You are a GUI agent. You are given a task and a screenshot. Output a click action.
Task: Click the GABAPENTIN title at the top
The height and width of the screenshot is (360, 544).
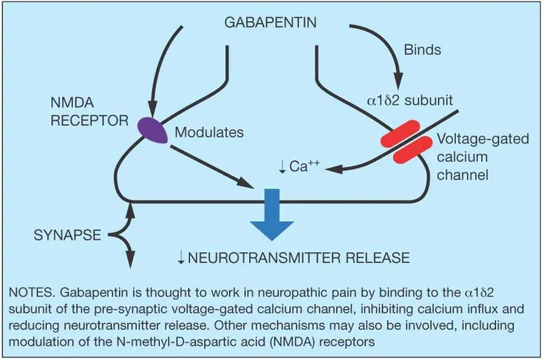click(271, 22)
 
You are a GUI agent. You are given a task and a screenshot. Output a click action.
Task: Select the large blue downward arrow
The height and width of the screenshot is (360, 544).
click(273, 215)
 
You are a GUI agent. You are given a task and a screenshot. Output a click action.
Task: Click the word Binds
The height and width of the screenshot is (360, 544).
click(422, 50)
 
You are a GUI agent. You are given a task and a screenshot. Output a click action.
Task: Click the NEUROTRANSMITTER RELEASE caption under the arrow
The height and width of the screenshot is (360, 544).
click(293, 258)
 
